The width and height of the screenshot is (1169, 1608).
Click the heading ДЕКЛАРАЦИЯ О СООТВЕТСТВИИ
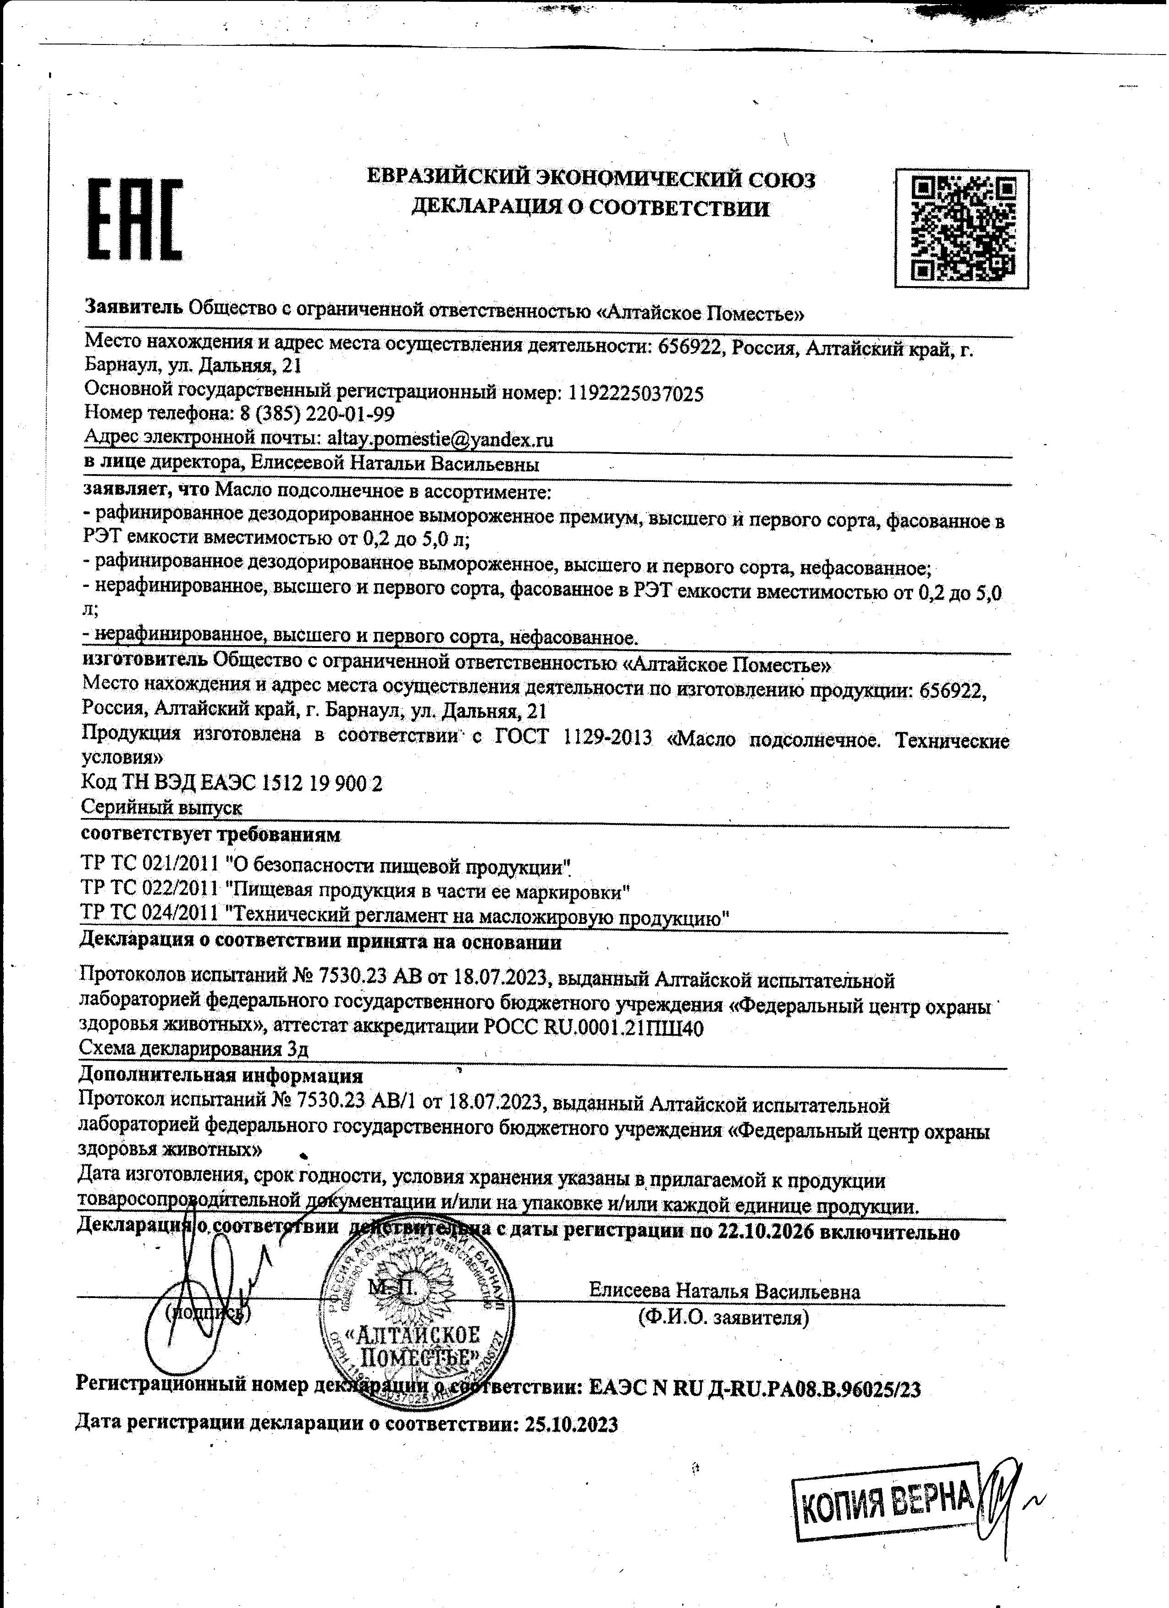click(x=590, y=208)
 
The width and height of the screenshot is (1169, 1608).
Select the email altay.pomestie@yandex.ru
click(x=440, y=440)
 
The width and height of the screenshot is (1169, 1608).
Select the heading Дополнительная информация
click(x=221, y=1076)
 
